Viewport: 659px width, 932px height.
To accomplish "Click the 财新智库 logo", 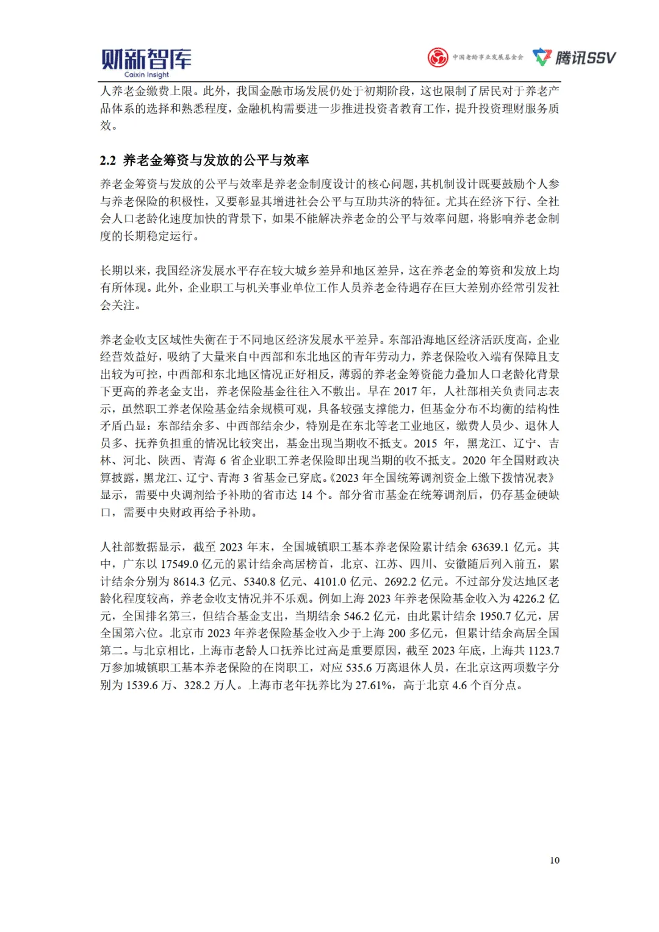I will (x=146, y=59).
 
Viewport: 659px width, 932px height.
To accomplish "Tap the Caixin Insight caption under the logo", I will (x=146, y=75).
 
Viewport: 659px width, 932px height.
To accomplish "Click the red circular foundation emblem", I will (x=438, y=57).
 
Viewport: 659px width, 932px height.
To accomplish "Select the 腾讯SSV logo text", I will (x=585, y=58).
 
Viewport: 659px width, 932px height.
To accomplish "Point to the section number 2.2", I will (x=108, y=160).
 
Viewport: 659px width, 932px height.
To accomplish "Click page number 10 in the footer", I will (x=554, y=860).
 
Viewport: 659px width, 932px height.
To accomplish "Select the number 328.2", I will (x=197, y=685).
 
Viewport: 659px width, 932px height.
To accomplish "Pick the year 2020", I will (x=474, y=460).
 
